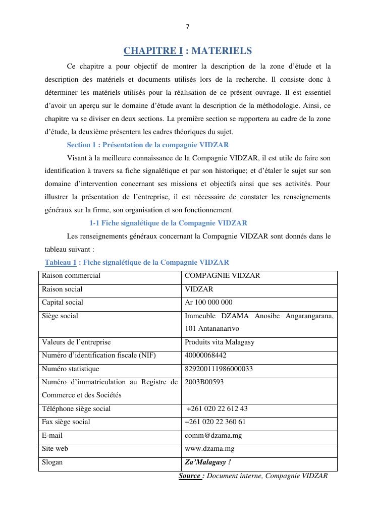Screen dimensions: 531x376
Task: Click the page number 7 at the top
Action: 188,27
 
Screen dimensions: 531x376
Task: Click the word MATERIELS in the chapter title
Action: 222,51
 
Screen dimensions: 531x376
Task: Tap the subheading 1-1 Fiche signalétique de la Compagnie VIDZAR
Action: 168,222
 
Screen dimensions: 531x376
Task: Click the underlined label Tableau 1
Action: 61,262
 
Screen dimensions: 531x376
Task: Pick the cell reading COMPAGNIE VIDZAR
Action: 223,276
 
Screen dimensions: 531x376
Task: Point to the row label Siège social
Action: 60,316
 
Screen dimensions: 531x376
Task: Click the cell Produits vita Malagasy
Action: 220,342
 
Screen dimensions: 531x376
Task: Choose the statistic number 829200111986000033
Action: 219,369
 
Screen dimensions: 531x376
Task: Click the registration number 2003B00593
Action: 204,382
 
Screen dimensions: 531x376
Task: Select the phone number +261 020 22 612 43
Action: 217,409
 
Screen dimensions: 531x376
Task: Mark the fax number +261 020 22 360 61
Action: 216,422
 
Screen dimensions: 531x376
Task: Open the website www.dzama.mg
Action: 209,449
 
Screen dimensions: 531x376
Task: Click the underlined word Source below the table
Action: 189,476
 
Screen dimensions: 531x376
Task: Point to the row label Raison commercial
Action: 71,276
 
